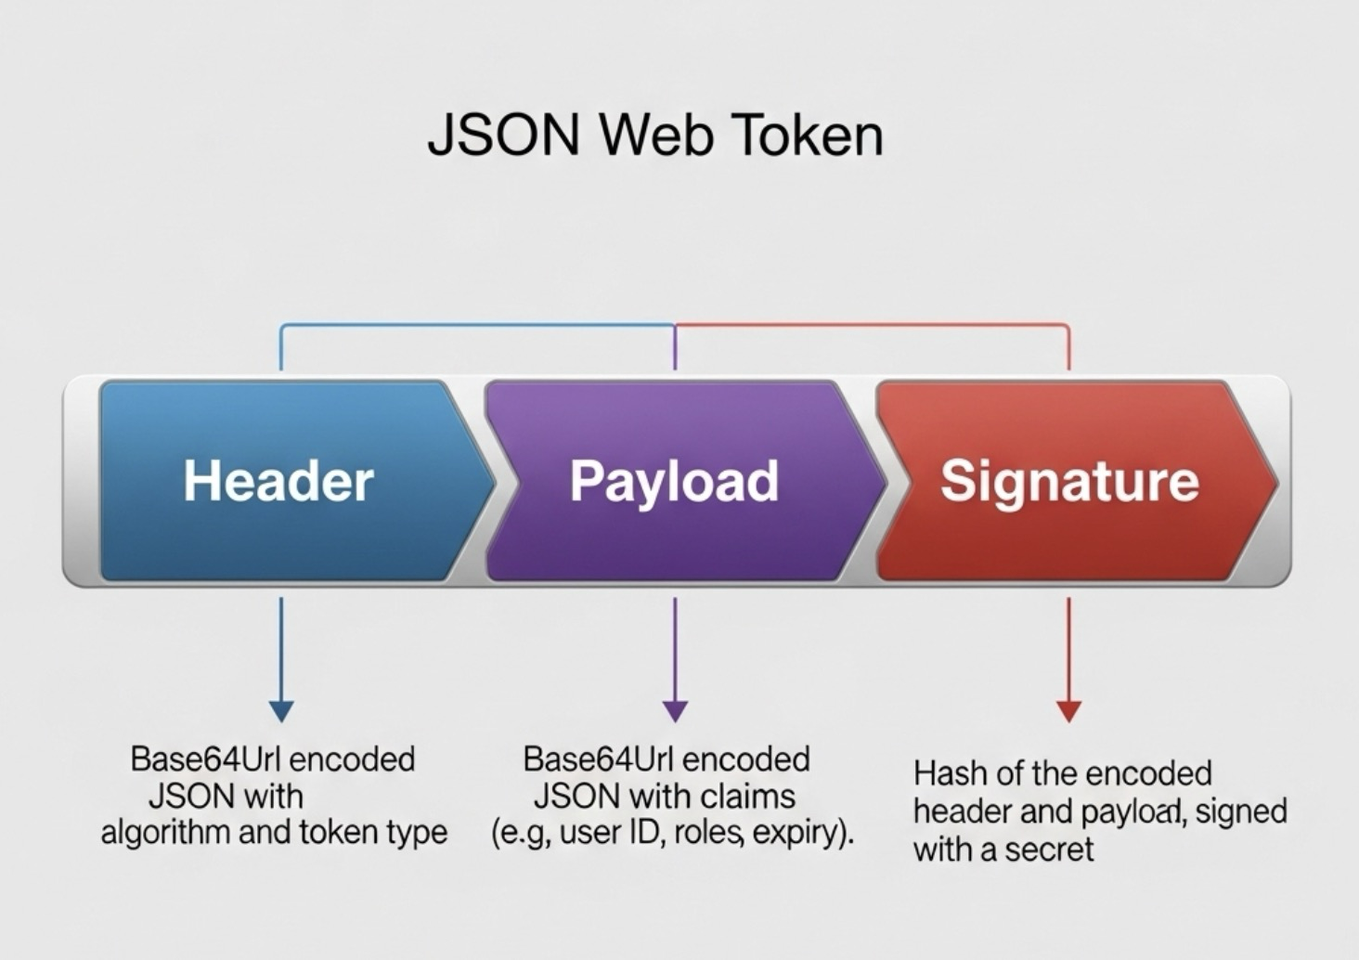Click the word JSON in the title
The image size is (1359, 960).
(x=502, y=136)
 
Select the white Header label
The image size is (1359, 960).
(x=278, y=481)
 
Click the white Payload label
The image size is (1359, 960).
(x=674, y=481)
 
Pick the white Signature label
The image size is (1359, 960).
(x=1069, y=481)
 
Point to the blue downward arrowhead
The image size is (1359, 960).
(x=280, y=711)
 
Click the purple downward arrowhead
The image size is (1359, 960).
(x=676, y=711)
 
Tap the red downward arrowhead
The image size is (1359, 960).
(x=1069, y=711)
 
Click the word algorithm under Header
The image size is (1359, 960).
(x=165, y=832)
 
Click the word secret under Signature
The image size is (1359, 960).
(x=1049, y=849)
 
